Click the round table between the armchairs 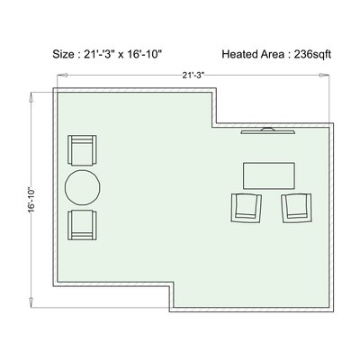pyautogui.click(x=83, y=187)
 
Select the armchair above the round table pyautogui.click(x=82, y=150)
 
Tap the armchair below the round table pyautogui.click(x=82, y=225)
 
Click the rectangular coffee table pyautogui.click(x=269, y=175)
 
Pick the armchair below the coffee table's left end pyautogui.click(x=247, y=208)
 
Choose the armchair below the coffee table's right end pyautogui.click(x=297, y=208)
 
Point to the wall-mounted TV pyautogui.click(x=268, y=130)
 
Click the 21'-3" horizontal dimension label pyautogui.click(x=193, y=75)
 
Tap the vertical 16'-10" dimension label pyautogui.click(x=31, y=201)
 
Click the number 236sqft pyautogui.click(x=312, y=55)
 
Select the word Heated pyautogui.click(x=239, y=54)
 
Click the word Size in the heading pyautogui.click(x=63, y=54)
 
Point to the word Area pyautogui.click(x=272, y=54)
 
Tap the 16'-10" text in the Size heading pyautogui.click(x=145, y=54)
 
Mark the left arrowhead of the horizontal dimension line pyautogui.click(x=61, y=75)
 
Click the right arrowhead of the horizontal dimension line pyautogui.click(x=325, y=75)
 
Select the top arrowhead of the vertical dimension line pyautogui.click(x=31, y=97)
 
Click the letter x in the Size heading pyautogui.click(x=121, y=56)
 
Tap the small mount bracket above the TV pyautogui.click(x=267, y=129)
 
